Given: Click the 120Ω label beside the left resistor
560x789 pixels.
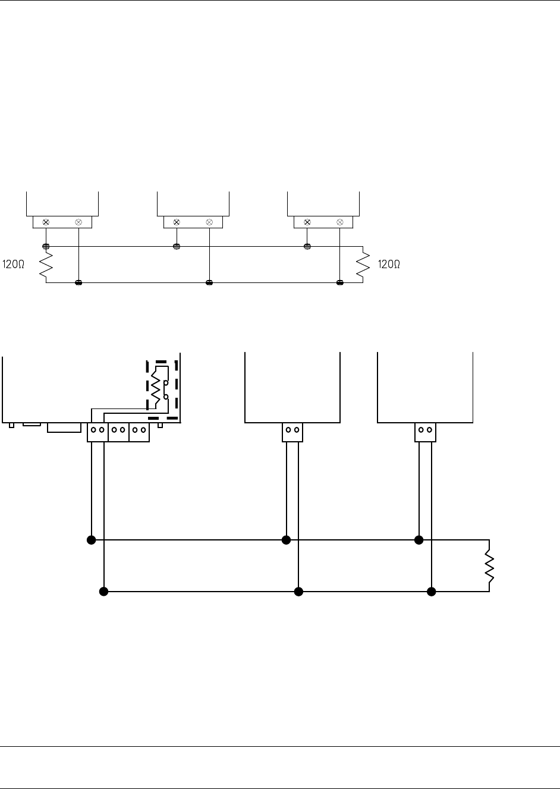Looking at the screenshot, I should [x=14, y=265].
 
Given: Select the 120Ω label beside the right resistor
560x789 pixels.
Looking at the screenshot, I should [x=389, y=265].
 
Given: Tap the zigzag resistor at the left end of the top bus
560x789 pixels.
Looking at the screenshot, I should [x=46, y=265].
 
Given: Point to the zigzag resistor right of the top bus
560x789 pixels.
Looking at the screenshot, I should [x=363, y=265].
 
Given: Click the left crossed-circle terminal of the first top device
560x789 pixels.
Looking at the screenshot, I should [x=46, y=222].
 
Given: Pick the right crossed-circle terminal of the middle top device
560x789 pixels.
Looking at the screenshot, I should [x=209, y=222].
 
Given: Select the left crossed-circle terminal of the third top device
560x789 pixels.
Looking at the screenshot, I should [x=307, y=222].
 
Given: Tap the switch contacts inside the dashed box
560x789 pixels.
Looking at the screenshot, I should [x=166, y=389].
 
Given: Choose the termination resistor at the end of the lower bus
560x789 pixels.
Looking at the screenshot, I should [x=489, y=566].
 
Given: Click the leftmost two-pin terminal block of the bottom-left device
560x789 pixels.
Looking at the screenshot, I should [x=97, y=432].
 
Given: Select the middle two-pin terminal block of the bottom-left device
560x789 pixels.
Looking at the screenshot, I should [x=118, y=432].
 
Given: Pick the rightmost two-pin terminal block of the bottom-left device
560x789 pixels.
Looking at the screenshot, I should [x=139, y=432].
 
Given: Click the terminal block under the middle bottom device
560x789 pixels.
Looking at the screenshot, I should [x=292, y=432].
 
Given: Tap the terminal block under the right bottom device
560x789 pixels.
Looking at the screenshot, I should [x=425, y=432].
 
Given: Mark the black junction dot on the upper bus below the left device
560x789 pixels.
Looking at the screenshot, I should [x=91, y=540].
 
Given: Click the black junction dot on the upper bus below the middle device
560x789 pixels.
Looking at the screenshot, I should [x=286, y=540].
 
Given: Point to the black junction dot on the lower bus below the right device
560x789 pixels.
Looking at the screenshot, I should [x=432, y=592].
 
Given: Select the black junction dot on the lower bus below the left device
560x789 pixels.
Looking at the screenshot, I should [x=103, y=592].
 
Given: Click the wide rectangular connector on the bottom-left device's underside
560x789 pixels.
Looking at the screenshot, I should [x=64, y=427].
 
